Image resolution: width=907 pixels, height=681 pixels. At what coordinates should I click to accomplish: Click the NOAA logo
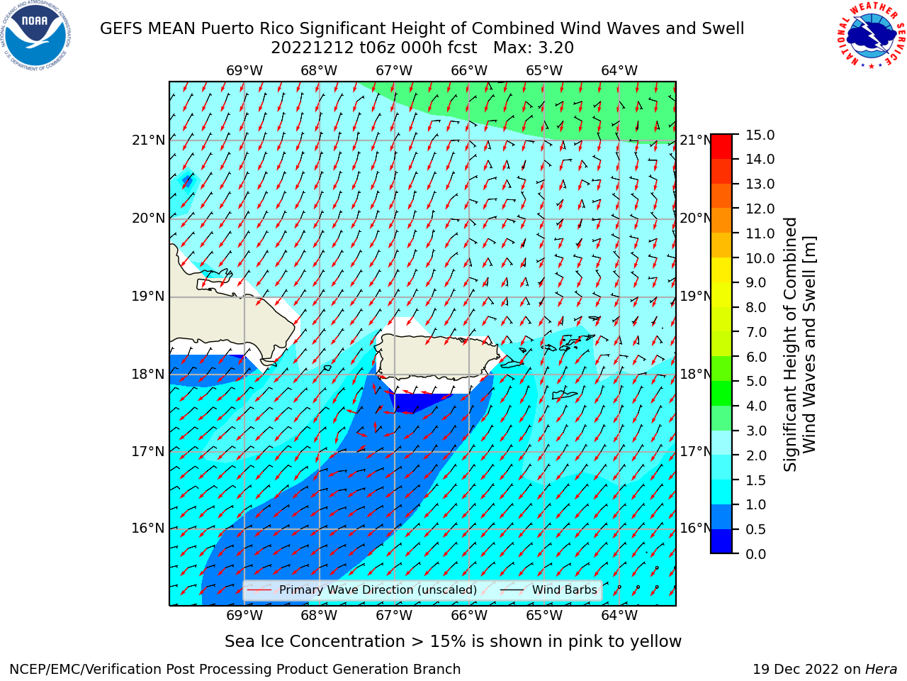(36, 36)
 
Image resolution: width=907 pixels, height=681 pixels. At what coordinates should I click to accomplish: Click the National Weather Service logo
(871, 35)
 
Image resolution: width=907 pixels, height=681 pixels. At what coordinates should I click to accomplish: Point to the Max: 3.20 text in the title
(534, 48)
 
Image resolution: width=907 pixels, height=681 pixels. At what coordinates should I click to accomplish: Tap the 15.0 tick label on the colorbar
(760, 135)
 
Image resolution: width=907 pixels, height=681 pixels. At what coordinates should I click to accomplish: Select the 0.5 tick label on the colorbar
(755, 530)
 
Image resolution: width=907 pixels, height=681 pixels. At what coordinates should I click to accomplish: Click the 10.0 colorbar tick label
(760, 258)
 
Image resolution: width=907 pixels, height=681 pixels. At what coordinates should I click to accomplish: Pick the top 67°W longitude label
(394, 71)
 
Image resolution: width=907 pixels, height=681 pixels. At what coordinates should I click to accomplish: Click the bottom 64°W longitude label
(619, 616)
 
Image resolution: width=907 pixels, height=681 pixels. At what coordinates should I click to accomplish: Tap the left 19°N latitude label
(148, 297)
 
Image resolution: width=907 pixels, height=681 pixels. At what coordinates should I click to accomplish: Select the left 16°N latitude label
(148, 528)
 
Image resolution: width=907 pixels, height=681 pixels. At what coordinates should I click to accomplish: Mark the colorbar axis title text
(799, 345)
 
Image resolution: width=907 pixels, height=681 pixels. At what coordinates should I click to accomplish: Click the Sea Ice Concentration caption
(453, 642)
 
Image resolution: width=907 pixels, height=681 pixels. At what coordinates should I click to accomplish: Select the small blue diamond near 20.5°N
(188, 181)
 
